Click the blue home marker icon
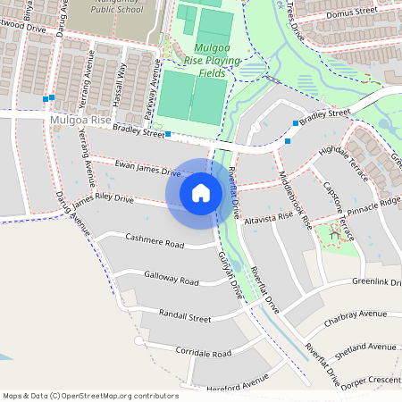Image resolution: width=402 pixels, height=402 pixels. point(201,193)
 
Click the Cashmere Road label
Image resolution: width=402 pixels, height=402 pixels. point(155,242)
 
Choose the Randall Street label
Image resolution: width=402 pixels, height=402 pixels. point(184,316)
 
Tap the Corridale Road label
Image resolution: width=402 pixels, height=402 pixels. point(203,354)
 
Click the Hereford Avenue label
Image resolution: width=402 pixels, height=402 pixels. point(235,382)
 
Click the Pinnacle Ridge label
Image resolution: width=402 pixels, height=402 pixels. point(374,204)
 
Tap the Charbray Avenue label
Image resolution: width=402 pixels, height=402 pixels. point(355,314)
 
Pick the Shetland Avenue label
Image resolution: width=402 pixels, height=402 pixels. point(367,347)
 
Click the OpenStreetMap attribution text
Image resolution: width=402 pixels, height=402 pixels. point(90,395)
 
